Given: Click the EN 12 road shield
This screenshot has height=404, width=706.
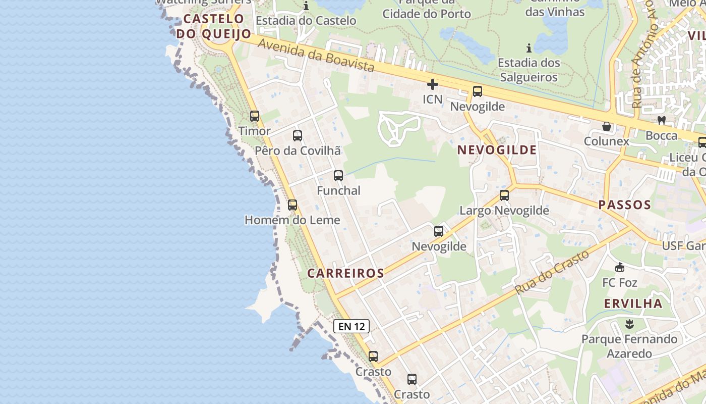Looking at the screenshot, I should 351,326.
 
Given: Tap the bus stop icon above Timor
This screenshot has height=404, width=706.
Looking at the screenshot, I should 255,116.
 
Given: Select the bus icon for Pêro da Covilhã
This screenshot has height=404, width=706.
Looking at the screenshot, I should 298,136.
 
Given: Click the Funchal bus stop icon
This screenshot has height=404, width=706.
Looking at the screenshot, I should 338,176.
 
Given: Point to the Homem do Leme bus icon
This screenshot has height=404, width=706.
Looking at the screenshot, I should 292,205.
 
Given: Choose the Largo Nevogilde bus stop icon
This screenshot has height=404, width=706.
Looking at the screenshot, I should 504,195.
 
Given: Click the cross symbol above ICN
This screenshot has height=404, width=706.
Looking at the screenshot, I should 432,84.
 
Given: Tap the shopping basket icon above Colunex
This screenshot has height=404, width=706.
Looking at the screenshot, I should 607,126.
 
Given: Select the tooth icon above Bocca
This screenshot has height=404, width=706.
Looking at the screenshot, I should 662,121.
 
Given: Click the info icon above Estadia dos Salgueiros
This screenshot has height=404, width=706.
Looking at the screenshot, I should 528,48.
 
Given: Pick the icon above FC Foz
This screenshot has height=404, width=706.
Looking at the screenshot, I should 620,268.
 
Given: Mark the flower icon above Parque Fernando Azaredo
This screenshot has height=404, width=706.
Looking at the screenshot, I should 629,323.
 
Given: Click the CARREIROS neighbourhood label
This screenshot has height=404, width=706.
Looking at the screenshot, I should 346,273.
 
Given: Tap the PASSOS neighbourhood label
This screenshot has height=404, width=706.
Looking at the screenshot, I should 625,205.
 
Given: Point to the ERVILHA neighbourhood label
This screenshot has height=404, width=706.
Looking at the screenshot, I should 633,304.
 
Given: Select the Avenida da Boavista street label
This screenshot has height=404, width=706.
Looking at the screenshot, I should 316,56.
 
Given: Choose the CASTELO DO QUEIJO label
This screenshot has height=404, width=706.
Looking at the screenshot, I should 214,26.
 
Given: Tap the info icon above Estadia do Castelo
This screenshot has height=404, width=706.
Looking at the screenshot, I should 306,7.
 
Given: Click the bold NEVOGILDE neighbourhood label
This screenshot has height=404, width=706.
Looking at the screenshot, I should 497,150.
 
